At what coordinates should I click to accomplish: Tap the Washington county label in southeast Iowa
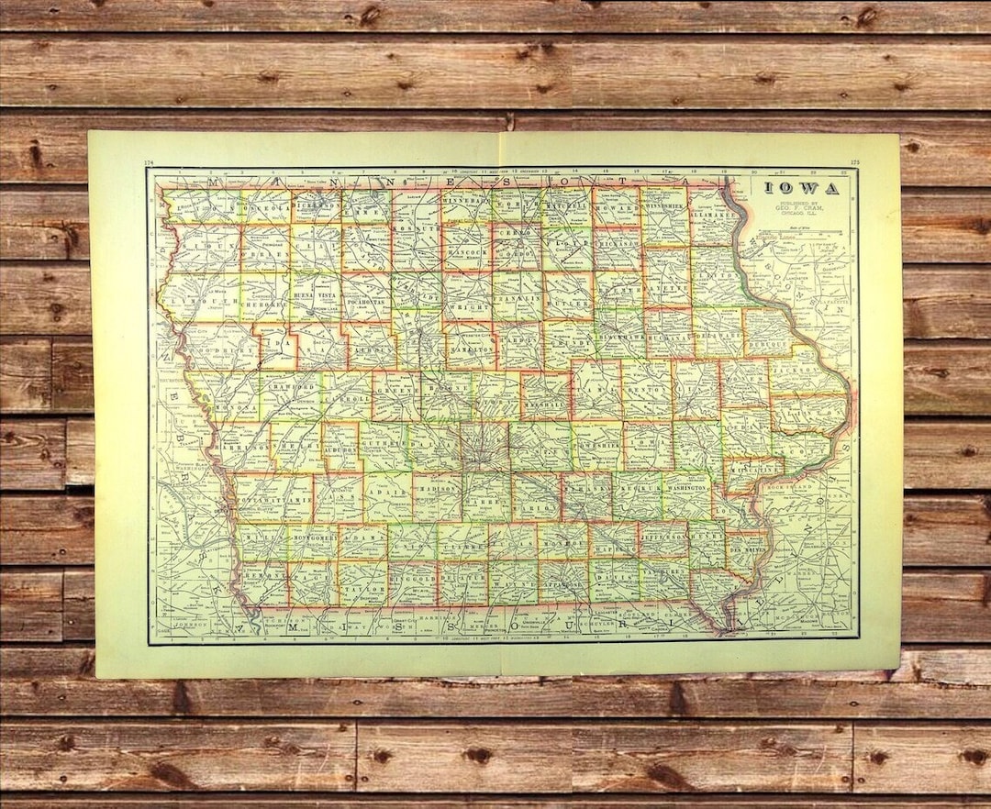coord(686,490)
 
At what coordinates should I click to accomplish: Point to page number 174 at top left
coord(149,163)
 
